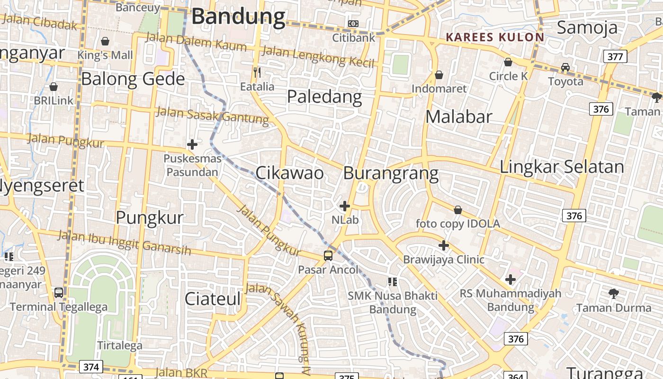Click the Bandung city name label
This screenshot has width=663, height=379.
[238, 17]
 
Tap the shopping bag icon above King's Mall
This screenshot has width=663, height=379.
[105, 41]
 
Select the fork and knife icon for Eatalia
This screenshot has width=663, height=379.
[257, 72]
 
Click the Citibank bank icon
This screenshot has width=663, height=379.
[353, 24]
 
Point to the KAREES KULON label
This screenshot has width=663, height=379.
[495, 37]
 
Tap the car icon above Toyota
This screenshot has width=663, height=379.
[565, 67]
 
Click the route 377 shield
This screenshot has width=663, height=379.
[615, 57]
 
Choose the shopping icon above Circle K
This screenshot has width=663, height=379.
[508, 62]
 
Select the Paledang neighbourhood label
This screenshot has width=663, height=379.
[324, 97]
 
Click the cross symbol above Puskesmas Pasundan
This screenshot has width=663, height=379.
[192, 144]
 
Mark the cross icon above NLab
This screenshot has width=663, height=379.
[345, 206]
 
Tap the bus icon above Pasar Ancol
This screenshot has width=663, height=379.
[328, 256]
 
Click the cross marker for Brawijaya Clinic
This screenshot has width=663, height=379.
[444, 245]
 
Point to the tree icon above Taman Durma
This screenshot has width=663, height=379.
[614, 294]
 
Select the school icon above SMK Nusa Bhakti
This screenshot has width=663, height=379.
[392, 282]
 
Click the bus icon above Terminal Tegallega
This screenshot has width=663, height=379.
[59, 293]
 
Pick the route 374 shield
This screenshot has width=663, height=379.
[91, 367]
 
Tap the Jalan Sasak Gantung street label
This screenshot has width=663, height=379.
[212, 115]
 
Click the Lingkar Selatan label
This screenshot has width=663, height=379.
[562, 167]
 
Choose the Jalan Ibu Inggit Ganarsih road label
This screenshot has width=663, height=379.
[125, 242]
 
